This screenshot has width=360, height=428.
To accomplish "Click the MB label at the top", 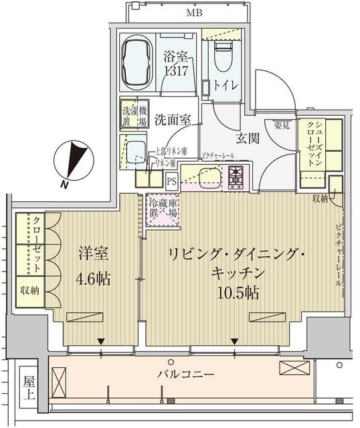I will click(195, 13).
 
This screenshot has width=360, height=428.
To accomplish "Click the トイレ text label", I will click(225, 86).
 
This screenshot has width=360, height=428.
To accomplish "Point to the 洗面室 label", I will click(173, 120).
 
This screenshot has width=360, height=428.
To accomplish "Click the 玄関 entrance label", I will click(247, 138).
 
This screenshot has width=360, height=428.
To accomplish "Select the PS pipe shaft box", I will click(172, 180).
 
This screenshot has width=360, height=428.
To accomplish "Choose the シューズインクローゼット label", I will click(314, 136).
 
